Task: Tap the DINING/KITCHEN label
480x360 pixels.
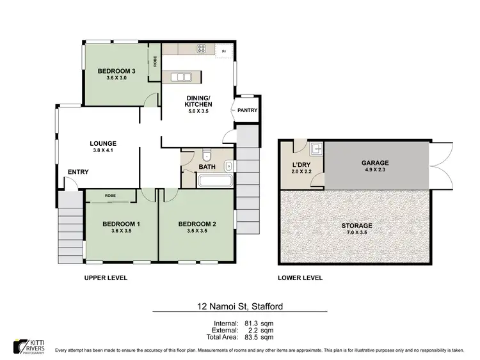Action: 198,100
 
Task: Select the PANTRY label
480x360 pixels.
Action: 247,110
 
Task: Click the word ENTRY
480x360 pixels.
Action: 78,171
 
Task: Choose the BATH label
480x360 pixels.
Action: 207,167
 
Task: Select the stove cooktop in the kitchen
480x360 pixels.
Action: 200,49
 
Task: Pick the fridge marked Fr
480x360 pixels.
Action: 224,51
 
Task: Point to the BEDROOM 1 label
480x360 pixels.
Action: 121,223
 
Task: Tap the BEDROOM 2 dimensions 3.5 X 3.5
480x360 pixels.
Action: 196,231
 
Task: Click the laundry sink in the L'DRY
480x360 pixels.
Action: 316,150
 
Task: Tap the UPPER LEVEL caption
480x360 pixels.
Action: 106,278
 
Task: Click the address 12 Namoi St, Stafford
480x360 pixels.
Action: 240,307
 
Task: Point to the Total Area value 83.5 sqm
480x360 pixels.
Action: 260,336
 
